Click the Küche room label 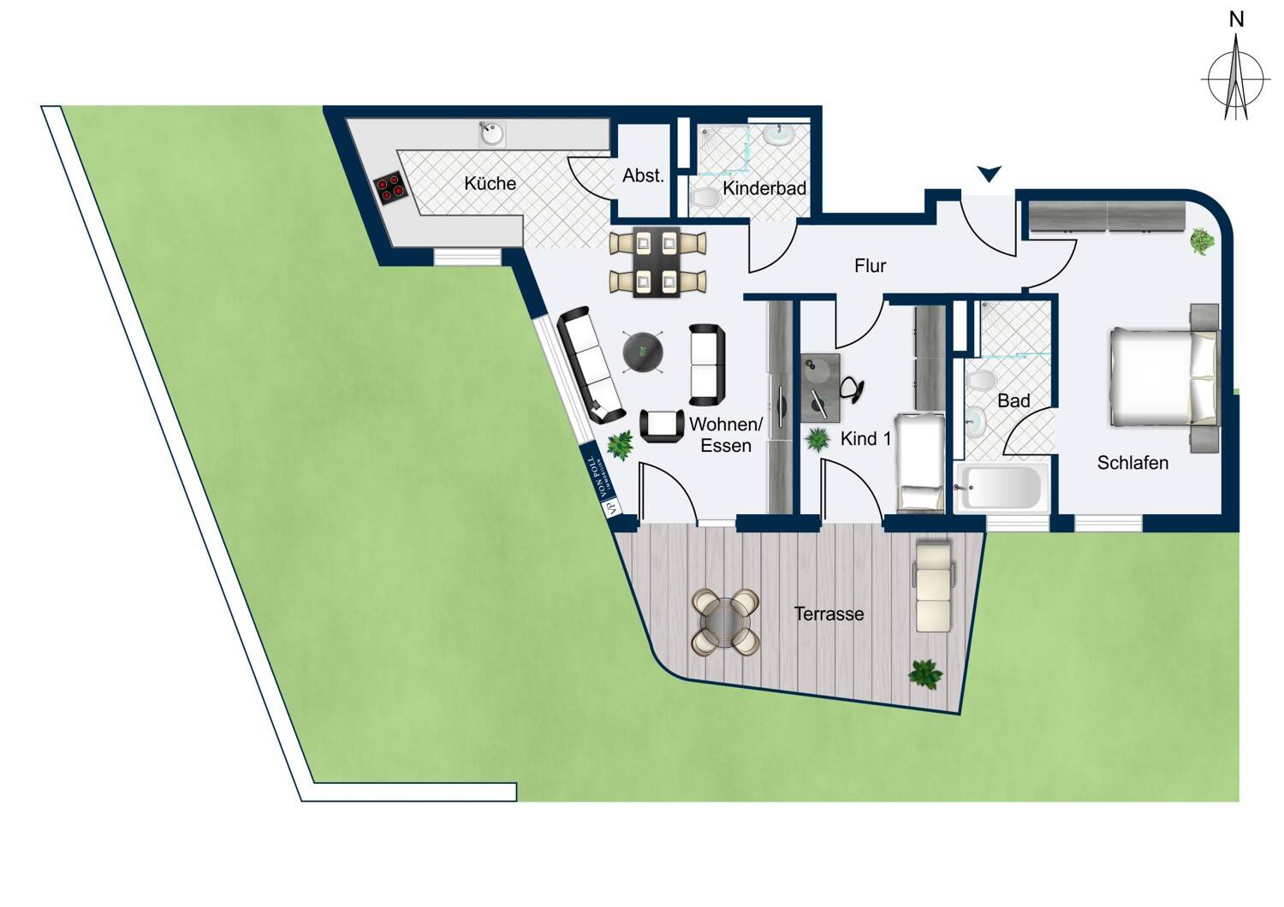coord(490,183)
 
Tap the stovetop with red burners coord(390,188)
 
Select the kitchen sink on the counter coord(491,133)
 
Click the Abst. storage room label coord(643,175)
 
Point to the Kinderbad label coord(764,188)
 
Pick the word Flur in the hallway coord(870,266)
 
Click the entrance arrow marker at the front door coord(989,175)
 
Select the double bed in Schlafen coord(1162,377)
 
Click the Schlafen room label coord(1132,463)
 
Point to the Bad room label coord(1014,400)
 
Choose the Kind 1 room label coord(865,439)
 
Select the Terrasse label coord(829,614)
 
